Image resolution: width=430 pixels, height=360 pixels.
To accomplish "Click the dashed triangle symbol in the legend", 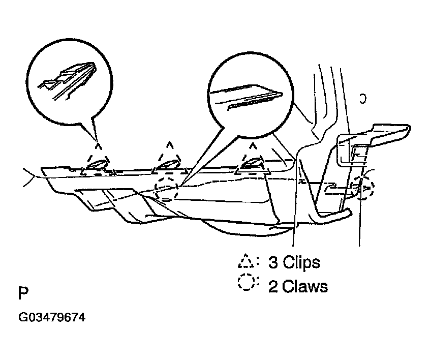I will point(248,261).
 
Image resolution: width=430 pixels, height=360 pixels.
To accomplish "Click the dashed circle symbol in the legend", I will point(248,284).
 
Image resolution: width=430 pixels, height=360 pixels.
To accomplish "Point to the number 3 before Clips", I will point(273,263).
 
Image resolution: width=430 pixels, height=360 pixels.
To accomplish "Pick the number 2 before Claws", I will point(273,286).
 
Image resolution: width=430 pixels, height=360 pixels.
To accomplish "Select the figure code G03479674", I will point(52,318).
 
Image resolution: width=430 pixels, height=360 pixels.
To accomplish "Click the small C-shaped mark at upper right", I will point(362,98).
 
